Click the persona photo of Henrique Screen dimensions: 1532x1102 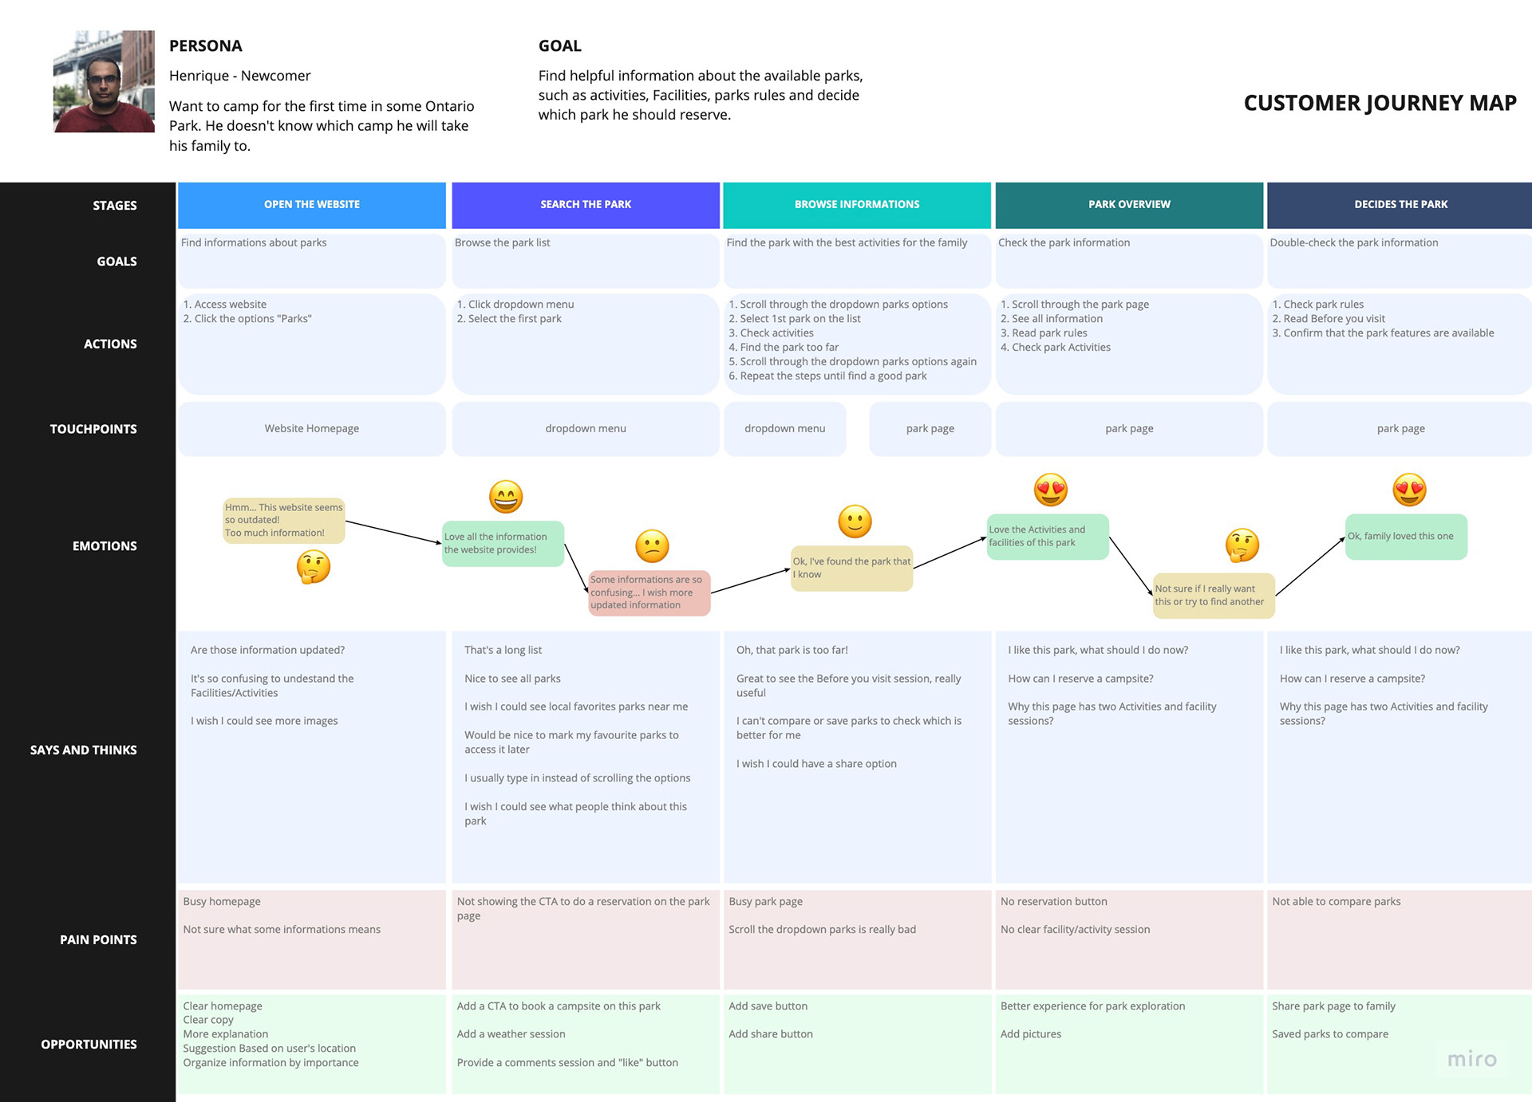[x=104, y=81]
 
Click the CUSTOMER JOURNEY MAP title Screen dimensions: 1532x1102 [x=1380, y=103]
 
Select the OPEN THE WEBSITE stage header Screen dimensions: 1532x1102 [x=312, y=205]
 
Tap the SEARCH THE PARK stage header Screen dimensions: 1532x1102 [x=586, y=205]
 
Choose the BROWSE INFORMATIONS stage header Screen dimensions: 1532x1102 [x=857, y=205]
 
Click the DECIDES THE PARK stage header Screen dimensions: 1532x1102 [x=1400, y=205]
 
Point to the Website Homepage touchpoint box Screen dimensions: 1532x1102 [x=312, y=429]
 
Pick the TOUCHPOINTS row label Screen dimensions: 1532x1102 [x=93, y=429]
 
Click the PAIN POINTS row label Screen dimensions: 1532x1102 [x=98, y=940]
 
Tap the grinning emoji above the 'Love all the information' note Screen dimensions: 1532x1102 [x=506, y=497]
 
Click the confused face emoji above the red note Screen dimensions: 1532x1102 [x=652, y=546]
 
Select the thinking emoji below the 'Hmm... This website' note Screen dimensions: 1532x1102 [x=314, y=567]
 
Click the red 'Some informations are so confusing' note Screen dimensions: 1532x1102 [x=649, y=592]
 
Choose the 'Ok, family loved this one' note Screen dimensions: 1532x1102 [x=1406, y=537]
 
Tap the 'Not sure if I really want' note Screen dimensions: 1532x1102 [x=1214, y=596]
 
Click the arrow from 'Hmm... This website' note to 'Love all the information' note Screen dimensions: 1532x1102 [x=393, y=533]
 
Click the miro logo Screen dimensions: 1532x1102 [x=1472, y=1059]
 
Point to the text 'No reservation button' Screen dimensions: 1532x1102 [x=1054, y=902]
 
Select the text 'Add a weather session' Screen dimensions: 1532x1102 [x=511, y=1034]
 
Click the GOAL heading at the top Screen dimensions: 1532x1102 [x=560, y=46]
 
